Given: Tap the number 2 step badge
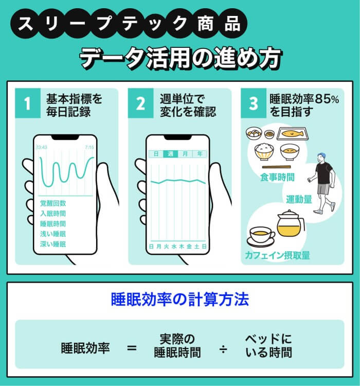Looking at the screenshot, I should click(x=140, y=104).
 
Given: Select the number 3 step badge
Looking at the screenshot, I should click(x=254, y=104).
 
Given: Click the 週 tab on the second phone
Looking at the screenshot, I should click(x=170, y=154).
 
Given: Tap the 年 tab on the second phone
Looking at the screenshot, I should click(x=199, y=154).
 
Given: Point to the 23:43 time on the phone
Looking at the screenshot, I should click(x=42, y=147).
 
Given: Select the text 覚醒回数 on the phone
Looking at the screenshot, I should click(x=53, y=203).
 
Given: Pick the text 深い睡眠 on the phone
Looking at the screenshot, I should click(x=53, y=244).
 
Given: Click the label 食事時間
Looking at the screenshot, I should click(x=277, y=177).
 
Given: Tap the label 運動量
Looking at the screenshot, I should click(x=299, y=199).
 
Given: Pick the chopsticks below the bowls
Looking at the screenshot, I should click(x=280, y=167).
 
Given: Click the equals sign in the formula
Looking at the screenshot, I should click(x=132, y=348).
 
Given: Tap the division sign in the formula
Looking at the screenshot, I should click(x=223, y=349).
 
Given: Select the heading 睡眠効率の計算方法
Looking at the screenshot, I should click(x=180, y=300).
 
